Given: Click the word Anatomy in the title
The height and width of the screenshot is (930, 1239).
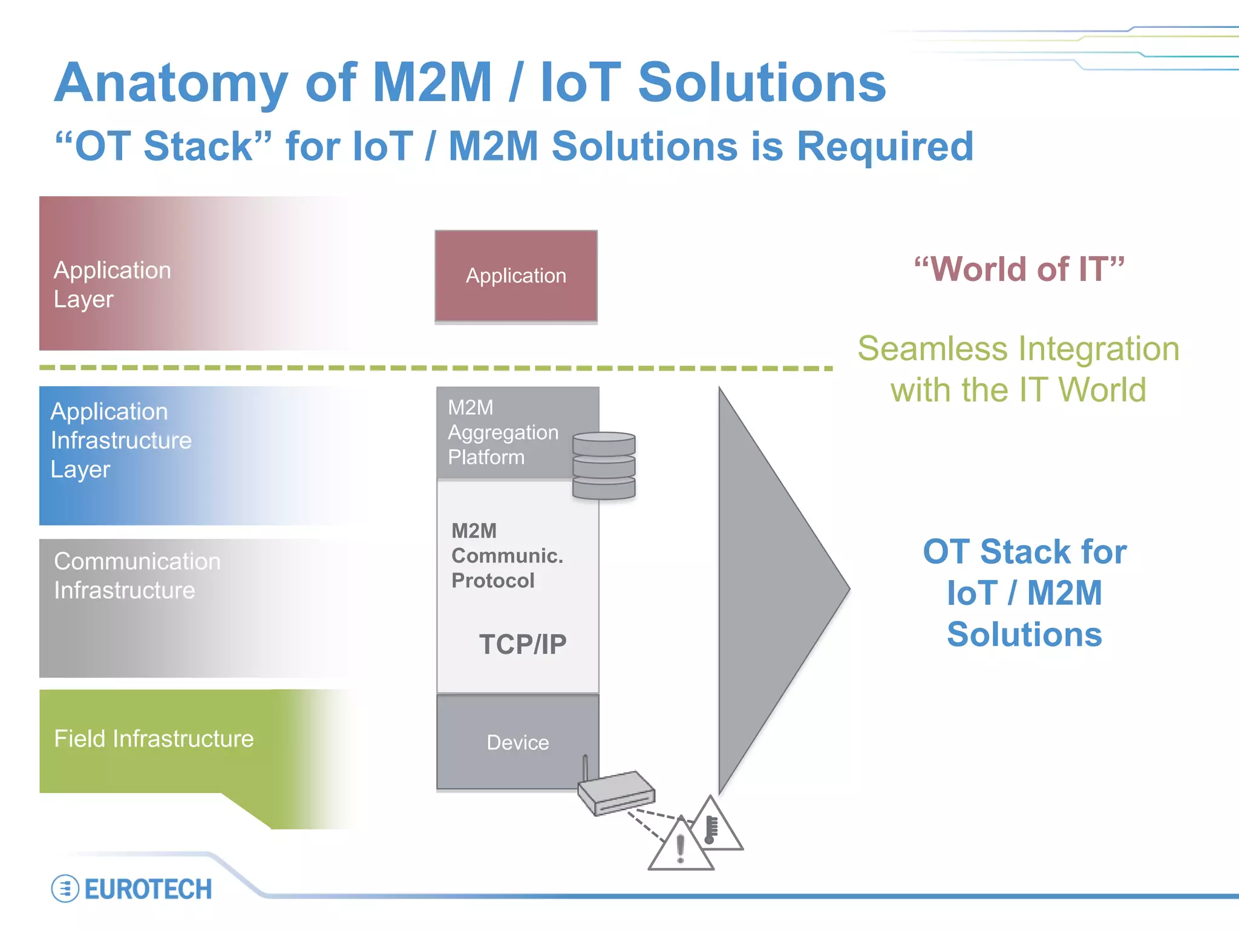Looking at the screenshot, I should point(171,84).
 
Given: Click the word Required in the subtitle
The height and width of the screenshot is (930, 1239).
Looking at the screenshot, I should point(884,147).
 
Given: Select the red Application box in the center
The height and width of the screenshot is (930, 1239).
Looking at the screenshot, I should point(516,275).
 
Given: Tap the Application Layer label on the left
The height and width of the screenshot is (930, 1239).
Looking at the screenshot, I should point(113,285).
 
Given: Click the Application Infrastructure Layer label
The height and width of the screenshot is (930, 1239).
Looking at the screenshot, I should point(120,440).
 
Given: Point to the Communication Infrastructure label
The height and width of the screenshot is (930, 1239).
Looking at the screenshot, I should point(137,576).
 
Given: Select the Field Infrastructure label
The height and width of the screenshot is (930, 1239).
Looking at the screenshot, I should point(154,739).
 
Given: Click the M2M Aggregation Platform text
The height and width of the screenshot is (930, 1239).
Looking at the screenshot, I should point(503,432).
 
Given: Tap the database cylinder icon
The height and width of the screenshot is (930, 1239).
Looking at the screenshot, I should point(604,466).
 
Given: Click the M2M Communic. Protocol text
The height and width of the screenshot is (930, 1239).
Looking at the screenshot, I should point(506,556).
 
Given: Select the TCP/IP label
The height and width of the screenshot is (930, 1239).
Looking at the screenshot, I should point(523,644).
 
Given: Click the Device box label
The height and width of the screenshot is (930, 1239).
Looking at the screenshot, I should point(518,742).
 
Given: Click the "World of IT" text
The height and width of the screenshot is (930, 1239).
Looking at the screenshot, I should point(1019,269).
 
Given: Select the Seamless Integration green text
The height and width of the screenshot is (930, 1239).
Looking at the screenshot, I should point(1019,369).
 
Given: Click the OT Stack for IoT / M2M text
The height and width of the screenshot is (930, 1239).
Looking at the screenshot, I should point(1024,593).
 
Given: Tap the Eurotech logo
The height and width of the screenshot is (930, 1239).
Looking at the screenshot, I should point(132,889).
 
